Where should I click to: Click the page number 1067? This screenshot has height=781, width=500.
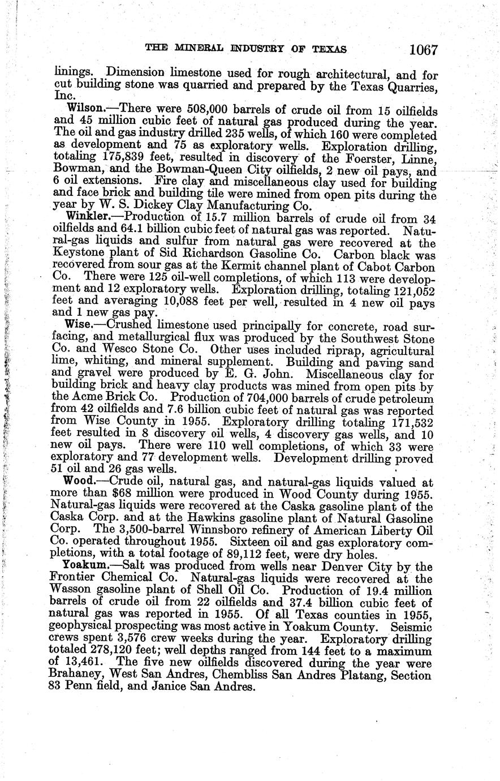pos(424,50)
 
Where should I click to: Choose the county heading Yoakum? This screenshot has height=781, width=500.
pos(88,566)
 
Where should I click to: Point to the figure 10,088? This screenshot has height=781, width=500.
pos(162,301)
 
